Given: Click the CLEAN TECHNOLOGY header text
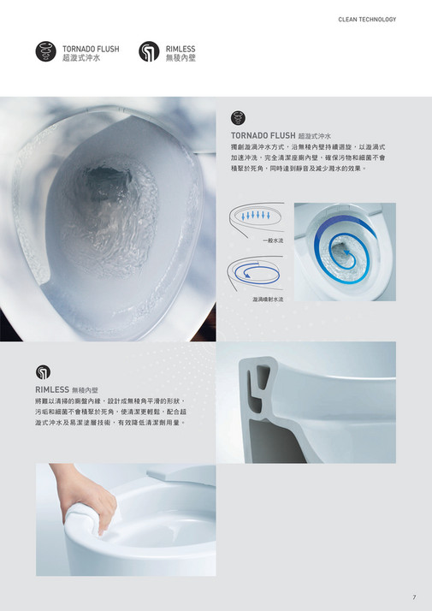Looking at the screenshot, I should point(367,19).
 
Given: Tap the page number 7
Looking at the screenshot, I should point(414,596).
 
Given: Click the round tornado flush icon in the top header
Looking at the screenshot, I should point(46,52).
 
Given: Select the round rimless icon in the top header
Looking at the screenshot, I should point(149,52).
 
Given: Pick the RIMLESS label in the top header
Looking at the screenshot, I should point(180,49).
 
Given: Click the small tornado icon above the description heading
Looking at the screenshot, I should point(239,118).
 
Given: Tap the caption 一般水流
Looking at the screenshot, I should point(273,242).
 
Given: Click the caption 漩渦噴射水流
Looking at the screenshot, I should point(268,300).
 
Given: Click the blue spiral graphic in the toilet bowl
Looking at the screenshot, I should point(342,248).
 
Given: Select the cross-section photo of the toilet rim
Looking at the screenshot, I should point(305,402).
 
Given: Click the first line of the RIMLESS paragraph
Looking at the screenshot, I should point(110,400).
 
